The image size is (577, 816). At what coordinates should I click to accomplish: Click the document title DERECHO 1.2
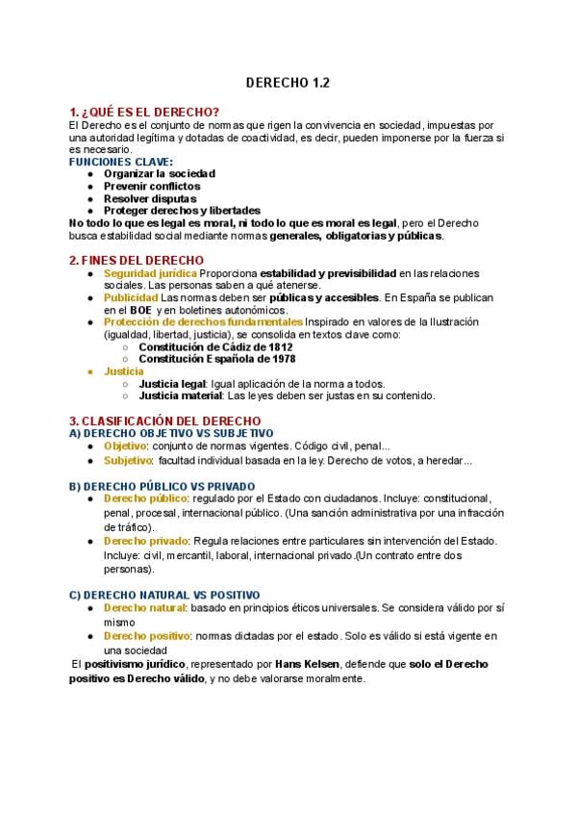tap(288, 83)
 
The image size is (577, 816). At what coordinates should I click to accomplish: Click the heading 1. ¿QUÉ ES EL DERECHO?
tap(144, 113)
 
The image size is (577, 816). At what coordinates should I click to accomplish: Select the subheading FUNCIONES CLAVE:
tap(121, 162)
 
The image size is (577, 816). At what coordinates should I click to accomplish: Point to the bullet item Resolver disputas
tap(150, 198)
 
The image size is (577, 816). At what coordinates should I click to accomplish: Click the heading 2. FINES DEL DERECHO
tap(137, 260)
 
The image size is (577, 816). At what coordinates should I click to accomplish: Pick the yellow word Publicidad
tap(131, 297)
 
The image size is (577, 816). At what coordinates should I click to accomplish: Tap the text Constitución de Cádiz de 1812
tap(215, 346)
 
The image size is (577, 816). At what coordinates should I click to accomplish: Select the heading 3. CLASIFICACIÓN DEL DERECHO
tap(164, 421)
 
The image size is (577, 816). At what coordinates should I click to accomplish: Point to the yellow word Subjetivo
tap(128, 460)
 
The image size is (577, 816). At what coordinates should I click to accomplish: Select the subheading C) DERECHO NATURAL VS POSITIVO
tap(164, 596)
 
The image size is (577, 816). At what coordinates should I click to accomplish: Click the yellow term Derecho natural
tap(144, 609)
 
